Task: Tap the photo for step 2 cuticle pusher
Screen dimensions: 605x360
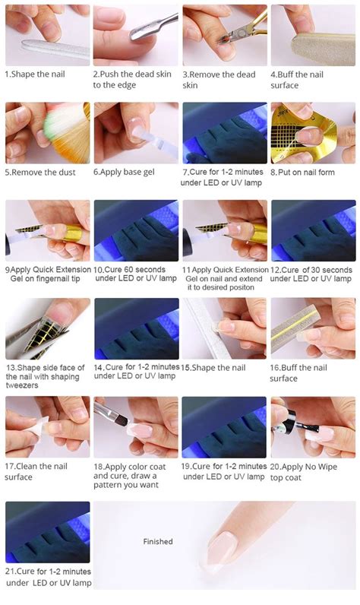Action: coord(135,35)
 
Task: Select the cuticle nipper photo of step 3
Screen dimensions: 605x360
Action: coord(224,35)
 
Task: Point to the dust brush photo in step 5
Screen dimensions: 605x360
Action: coord(47,133)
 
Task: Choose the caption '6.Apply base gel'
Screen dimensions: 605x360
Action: coord(124,173)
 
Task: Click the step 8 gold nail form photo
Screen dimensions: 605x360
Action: coord(313,133)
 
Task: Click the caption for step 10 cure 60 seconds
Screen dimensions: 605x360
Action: coord(135,274)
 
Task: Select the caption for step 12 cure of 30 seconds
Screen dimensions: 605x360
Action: coord(311,274)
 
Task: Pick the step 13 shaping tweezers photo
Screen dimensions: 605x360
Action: coord(47,328)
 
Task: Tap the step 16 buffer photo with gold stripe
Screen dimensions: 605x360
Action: coord(313,328)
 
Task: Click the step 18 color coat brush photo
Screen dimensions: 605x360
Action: coord(135,426)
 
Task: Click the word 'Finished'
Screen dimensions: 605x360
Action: coord(158,542)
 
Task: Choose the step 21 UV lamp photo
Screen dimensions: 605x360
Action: coord(47,531)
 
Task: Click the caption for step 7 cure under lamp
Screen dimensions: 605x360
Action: coord(224,178)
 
